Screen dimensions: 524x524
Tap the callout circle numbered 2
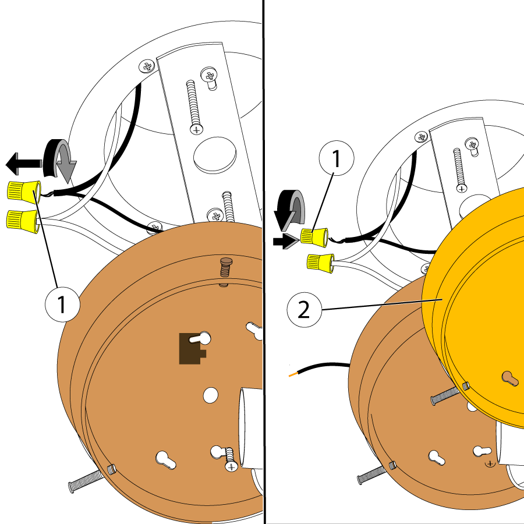[x=304, y=310]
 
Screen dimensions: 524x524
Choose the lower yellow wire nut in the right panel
[x=320, y=263]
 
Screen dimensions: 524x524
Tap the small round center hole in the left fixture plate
[x=210, y=395]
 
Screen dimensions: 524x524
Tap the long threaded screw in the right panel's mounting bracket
[x=458, y=169]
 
